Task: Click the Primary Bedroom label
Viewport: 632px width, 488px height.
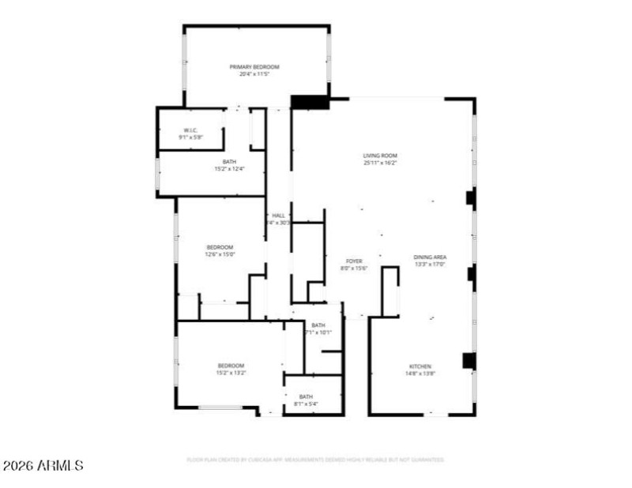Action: point(254,67)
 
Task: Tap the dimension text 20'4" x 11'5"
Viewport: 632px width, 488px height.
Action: point(254,74)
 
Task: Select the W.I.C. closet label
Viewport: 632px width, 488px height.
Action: point(190,130)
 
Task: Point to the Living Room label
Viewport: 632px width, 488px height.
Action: point(379,156)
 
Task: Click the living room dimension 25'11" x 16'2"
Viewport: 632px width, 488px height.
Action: point(379,163)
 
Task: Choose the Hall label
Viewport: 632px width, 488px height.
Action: point(278,216)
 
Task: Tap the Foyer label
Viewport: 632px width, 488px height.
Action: point(354,261)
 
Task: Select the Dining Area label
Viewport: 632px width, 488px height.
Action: point(431,257)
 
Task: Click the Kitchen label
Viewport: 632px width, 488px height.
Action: point(419,366)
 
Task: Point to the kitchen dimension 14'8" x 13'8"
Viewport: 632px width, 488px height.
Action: point(419,374)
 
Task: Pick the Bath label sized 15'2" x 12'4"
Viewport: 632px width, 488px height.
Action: point(230,162)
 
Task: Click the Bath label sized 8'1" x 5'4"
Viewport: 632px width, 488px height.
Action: point(306,396)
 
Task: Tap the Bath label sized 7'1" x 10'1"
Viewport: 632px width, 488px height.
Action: point(318,325)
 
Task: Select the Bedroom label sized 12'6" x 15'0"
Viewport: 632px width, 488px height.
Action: point(220,246)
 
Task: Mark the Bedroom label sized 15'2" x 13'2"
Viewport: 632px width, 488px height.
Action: point(231,365)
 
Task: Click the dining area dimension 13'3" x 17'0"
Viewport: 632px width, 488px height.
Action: point(431,265)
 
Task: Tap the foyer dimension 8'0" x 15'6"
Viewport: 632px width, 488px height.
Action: point(354,268)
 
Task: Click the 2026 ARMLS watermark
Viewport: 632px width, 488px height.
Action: point(43,466)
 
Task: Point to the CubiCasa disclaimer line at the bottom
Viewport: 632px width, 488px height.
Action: point(315,460)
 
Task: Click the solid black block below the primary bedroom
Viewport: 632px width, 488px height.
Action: point(310,102)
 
